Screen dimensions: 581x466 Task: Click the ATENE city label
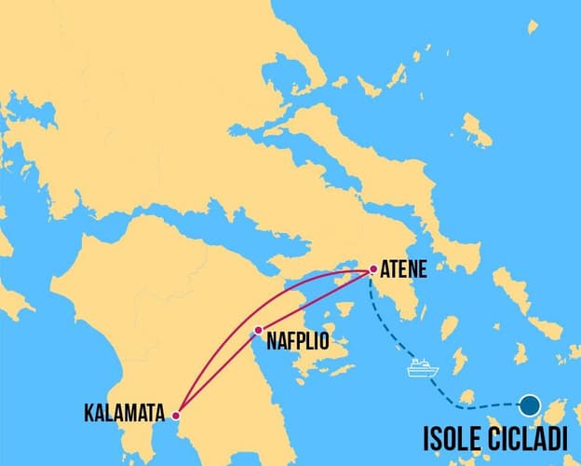click(x=403, y=271)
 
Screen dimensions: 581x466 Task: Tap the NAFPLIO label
click(x=297, y=341)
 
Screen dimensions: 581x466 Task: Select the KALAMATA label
click(x=125, y=410)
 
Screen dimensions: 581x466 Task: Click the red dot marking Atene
click(x=372, y=270)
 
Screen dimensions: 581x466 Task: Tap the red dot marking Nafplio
click(x=258, y=330)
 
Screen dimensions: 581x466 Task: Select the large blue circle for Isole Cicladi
click(x=530, y=404)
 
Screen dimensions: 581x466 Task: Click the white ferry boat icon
click(x=422, y=367)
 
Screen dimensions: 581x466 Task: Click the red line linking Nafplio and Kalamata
click(x=214, y=374)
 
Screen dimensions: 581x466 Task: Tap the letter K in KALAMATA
click(x=88, y=410)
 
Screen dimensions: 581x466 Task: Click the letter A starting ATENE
click(x=385, y=271)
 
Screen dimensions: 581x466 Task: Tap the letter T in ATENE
click(x=395, y=271)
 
